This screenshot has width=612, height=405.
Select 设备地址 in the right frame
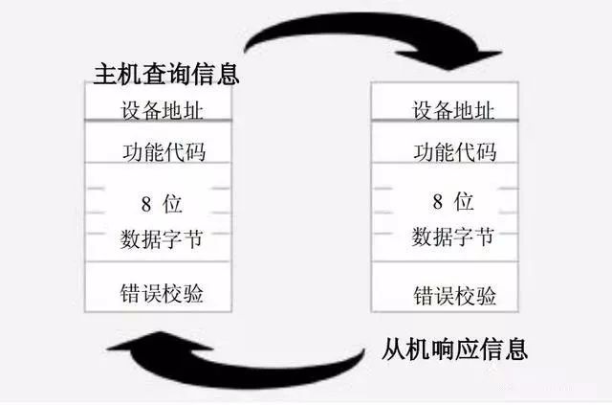coord(454,110)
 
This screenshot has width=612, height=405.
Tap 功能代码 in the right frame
coord(454,152)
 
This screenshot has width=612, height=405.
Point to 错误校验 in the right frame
coord(454,293)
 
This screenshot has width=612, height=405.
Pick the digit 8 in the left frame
coord(146,203)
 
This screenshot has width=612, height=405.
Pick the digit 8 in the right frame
coord(437,203)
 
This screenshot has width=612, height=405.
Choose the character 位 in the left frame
coord(174,203)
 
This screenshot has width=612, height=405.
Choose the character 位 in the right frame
coord(465,203)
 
